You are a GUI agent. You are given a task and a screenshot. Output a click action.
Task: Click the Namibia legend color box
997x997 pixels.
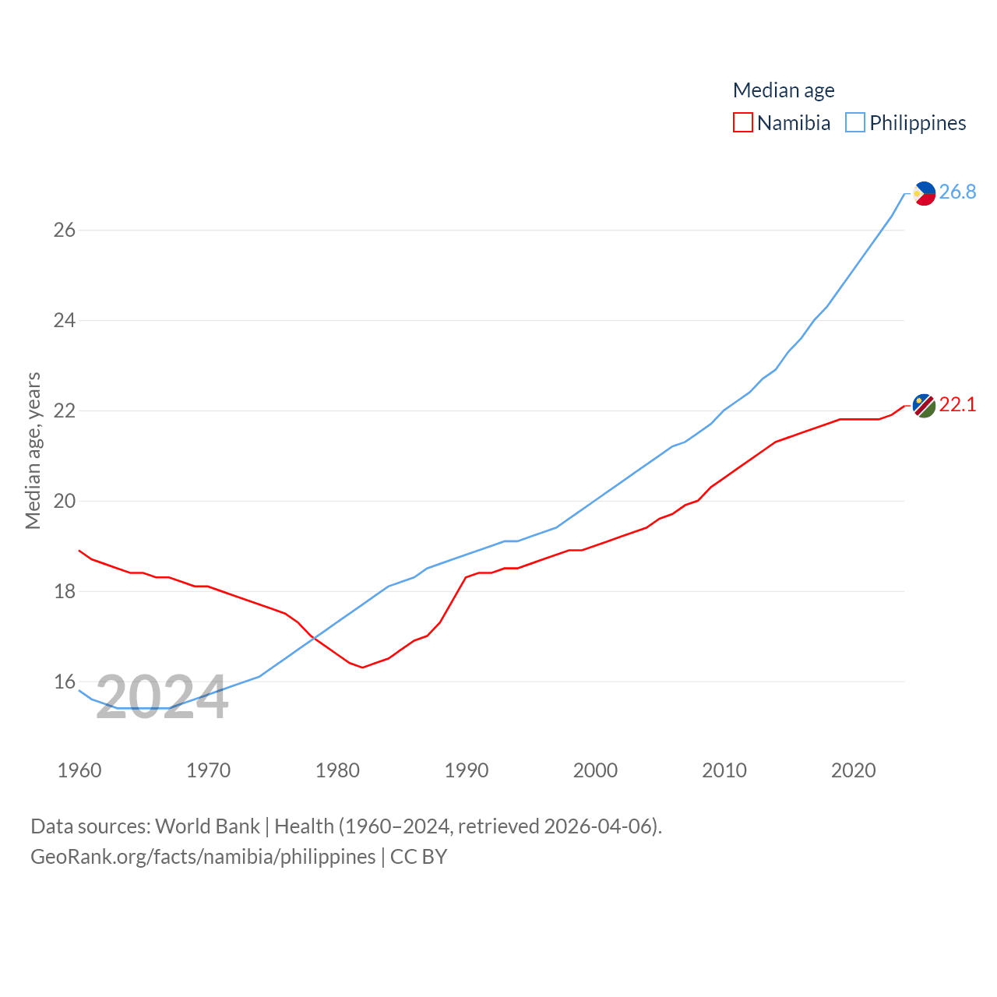click(x=743, y=123)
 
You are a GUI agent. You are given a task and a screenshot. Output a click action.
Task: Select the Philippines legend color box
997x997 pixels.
click(x=855, y=123)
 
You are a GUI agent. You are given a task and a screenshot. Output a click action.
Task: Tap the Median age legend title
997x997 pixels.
click(x=784, y=90)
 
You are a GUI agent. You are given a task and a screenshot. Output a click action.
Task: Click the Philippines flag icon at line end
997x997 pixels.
click(x=924, y=193)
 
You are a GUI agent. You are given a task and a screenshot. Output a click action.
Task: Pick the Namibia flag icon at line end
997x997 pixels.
click(x=924, y=406)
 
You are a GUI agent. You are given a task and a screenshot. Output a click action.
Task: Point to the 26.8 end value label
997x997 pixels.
click(x=957, y=192)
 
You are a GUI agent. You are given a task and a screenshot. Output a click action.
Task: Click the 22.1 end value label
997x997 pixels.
click(x=957, y=404)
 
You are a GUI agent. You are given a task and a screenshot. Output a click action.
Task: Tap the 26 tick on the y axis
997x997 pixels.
click(x=64, y=230)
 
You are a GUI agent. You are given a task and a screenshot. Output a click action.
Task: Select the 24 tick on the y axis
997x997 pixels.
click(x=64, y=320)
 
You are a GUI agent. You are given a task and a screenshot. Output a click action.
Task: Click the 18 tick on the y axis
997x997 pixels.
click(x=64, y=591)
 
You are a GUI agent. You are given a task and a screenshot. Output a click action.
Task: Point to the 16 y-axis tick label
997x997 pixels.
click(x=64, y=682)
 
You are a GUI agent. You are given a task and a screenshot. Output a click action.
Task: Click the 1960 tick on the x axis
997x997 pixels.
click(x=79, y=770)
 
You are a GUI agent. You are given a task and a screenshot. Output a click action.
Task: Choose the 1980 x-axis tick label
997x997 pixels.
click(x=337, y=770)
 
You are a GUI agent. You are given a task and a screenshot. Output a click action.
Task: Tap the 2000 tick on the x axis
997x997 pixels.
click(x=595, y=770)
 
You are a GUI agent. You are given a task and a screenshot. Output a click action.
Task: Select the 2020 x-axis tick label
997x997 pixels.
click(x=853, y=770)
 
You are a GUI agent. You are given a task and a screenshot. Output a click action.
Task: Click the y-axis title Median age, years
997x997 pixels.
click(x=33, y=451)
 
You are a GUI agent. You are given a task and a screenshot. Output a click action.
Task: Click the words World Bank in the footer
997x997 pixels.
click(x=207, y=826)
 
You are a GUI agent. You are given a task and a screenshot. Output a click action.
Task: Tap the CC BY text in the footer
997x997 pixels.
click(x=418, y=857)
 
